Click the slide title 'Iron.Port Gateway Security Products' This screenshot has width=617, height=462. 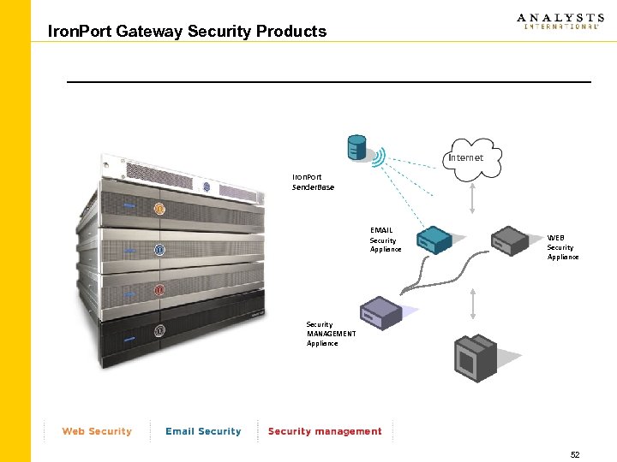pos(188,32)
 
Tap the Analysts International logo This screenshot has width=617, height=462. pos(560,21)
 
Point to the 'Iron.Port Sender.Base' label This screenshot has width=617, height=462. pos(313,181)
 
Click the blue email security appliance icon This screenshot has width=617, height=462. pos(434,241)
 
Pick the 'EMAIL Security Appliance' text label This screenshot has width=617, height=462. pos(385,240)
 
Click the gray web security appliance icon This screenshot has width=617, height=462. pos(512,240)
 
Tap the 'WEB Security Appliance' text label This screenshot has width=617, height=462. pos(562,247)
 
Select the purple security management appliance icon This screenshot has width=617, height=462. pos(380,312)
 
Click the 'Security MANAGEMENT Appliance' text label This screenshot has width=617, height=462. pos(331,334)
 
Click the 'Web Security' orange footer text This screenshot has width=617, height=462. pos(97,431)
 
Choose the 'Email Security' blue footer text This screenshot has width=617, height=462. pos(203,431)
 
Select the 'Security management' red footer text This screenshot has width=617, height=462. pos(325,431)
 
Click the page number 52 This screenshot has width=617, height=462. pos(574,455)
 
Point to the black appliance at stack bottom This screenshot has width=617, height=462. pos(171,334)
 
